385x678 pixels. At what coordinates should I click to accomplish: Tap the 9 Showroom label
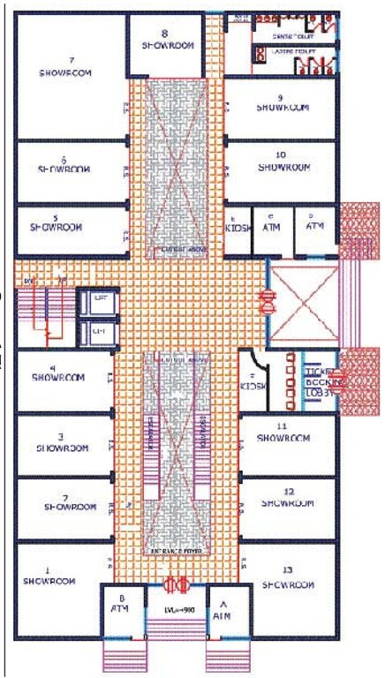282,102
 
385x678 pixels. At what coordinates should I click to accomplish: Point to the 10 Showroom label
282,161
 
